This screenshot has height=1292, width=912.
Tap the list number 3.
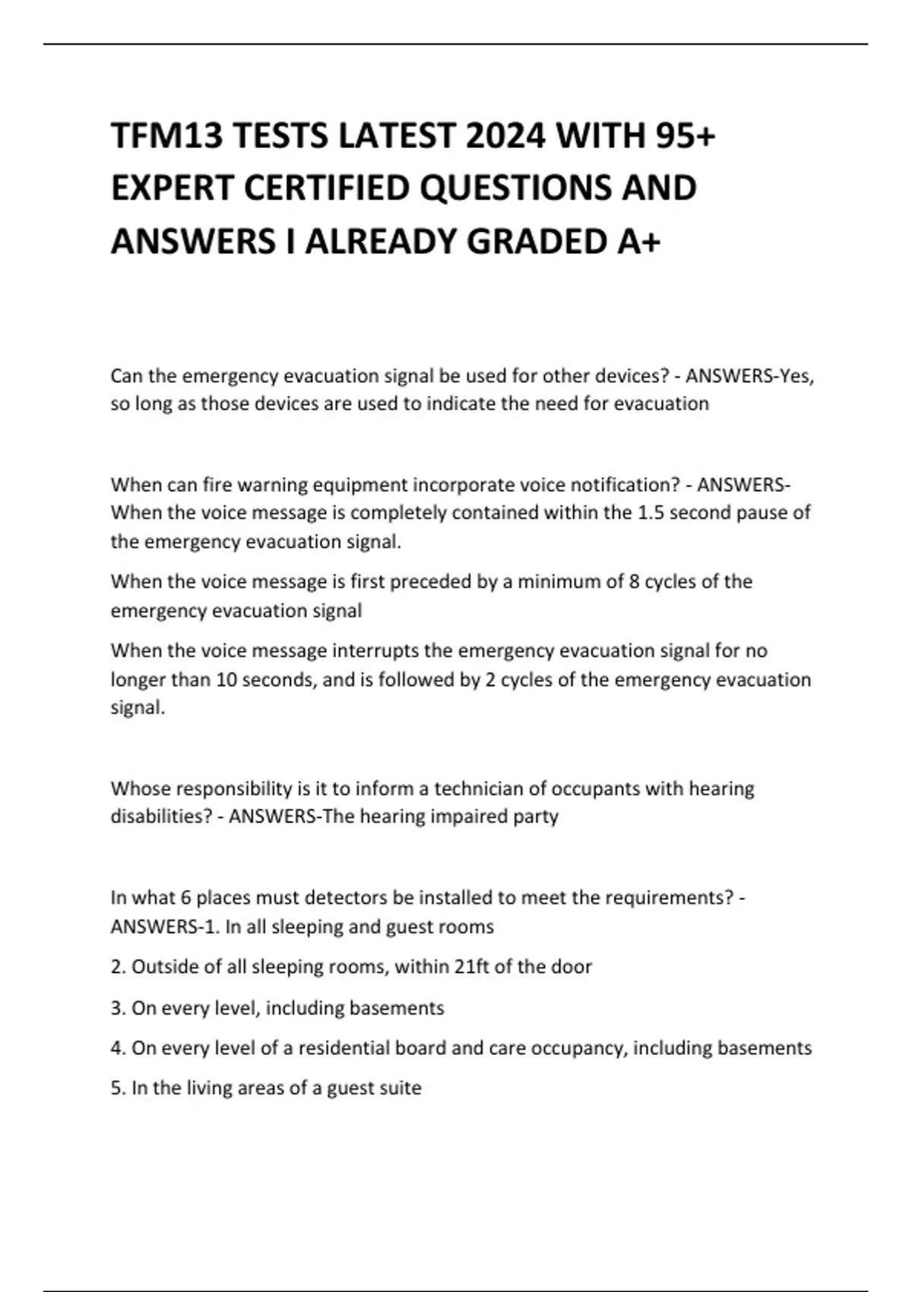click(x=117, y=1008)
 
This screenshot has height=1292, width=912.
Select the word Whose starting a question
click(x=140, y=789)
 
